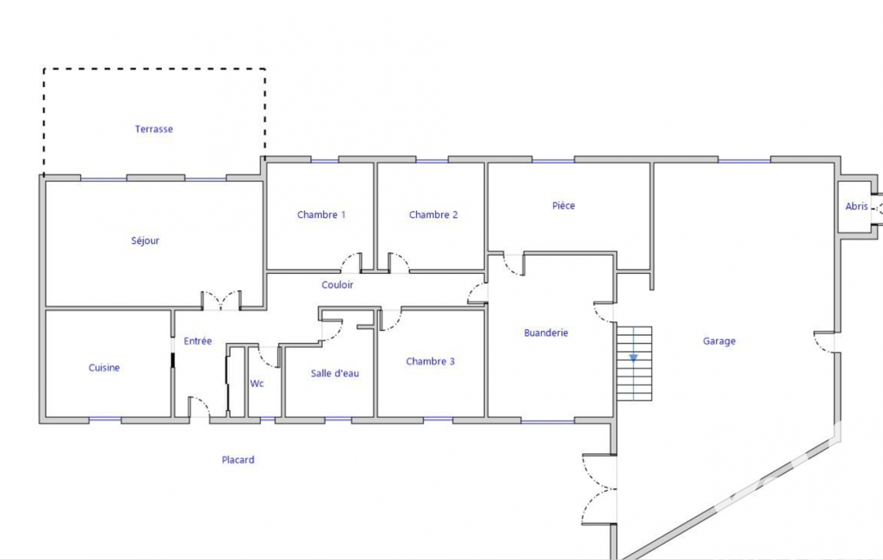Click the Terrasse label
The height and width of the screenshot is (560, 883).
[x=153, y=129]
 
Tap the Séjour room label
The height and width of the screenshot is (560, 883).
[x=146, y=240]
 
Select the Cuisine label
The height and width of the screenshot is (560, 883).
[x=104, y=368]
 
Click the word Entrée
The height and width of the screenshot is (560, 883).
[x=197, y=341]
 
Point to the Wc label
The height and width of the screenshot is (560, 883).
[x=257, y=383]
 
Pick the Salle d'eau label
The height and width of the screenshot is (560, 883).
[x=334, y=373]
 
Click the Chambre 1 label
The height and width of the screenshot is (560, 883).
[x=321, y=215]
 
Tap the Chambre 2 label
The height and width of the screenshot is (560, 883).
[x=433, y=215]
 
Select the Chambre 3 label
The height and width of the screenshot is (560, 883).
[x=430, y=361]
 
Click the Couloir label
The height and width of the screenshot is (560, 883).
[x=338, y=285]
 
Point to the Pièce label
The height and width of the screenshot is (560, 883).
[x=563, y=206]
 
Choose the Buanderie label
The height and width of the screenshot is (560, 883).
[x=545, y=333]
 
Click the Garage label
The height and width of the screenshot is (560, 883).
[x=719, y=341]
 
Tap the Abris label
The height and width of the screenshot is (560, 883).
[x=856, y=206]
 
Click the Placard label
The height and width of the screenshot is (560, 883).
[x=238, y=460]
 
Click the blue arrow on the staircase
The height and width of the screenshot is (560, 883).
[x=633, y=358]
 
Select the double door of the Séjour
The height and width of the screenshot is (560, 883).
[x=221, y=301]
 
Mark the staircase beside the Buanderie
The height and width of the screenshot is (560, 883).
[x=634, y=364]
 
